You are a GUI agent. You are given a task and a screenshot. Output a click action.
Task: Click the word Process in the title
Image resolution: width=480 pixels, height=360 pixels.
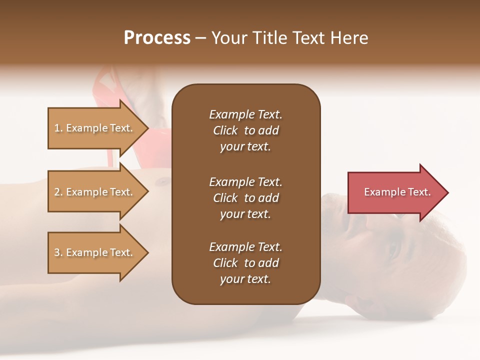pos(157,38)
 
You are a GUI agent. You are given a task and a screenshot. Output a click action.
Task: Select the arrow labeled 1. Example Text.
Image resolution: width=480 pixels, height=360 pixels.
pos(94,128)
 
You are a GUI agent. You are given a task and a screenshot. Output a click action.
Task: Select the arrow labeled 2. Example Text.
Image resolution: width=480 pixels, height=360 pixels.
pos(94,192)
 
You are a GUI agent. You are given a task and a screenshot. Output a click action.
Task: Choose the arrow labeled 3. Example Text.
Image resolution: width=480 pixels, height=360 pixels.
pos(94,252)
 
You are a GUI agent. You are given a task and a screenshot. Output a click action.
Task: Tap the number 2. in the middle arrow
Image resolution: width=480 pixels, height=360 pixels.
pos(58,192)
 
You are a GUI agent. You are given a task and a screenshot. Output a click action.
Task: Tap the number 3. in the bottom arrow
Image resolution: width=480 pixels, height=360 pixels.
pos(58,252)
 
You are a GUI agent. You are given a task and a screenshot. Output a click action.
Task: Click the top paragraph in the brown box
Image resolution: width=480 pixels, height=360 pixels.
pos(245,130)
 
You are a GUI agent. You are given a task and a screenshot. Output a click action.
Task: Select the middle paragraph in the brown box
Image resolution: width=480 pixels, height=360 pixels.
pos(245,198)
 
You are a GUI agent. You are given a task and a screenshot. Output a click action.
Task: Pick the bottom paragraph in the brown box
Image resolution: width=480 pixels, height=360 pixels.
pos(245,263)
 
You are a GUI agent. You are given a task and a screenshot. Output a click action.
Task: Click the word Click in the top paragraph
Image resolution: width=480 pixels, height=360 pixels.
pos(225,130)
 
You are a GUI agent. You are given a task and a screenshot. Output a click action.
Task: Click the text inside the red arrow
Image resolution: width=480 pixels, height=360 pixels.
pos(397,192)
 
